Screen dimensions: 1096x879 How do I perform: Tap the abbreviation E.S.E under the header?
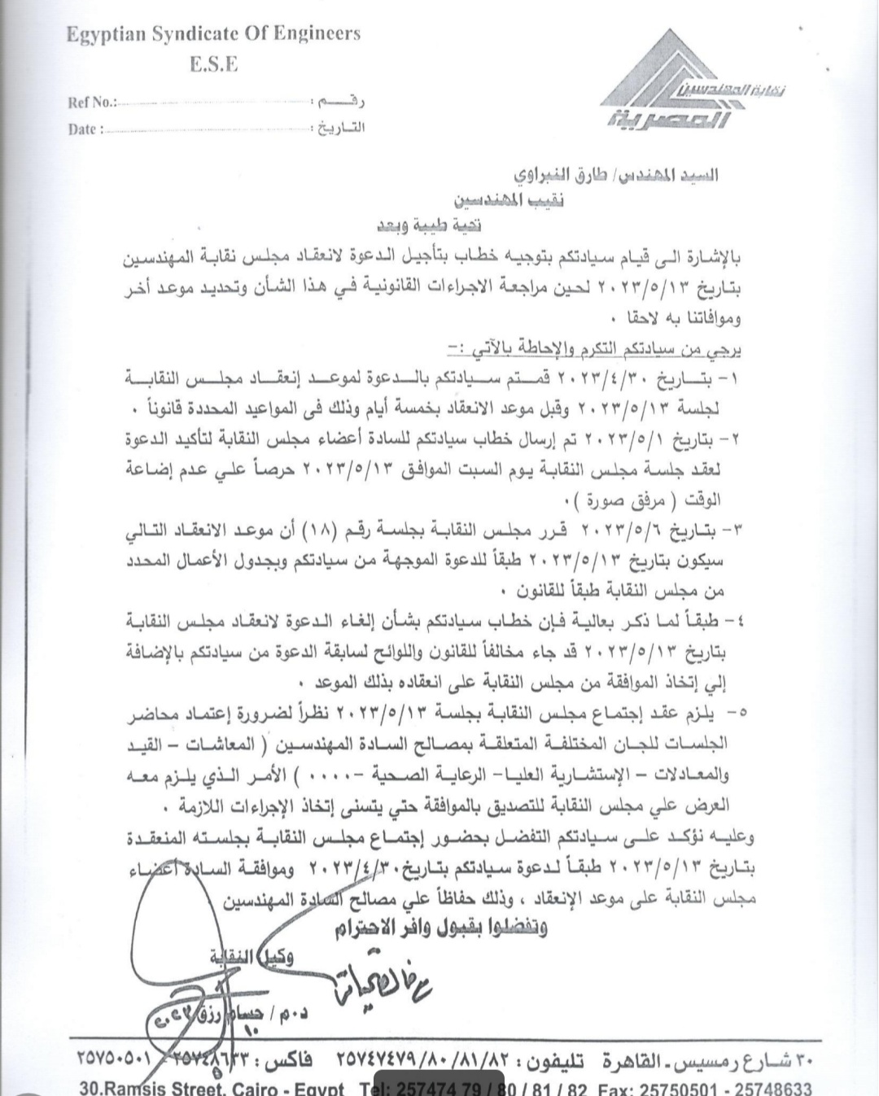click(x=214, y=65)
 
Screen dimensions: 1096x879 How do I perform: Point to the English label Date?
click(x=85, y=129)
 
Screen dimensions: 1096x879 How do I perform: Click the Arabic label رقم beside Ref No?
click(x=340, y=102)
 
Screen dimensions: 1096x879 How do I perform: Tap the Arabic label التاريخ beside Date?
click(x=340, y=128)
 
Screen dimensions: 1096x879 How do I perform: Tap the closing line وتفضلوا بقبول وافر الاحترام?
click(x=440, y=927)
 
